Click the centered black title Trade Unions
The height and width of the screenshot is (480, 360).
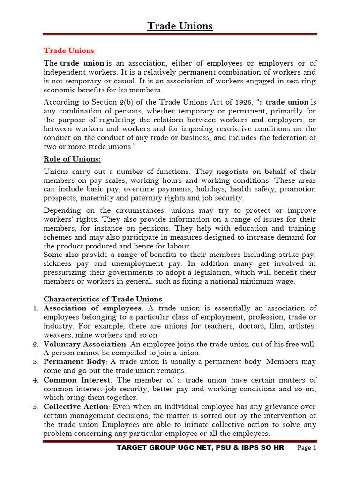[180, 26]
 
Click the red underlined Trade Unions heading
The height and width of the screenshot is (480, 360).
[69, 51]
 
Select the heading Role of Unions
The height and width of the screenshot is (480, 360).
[72, 159]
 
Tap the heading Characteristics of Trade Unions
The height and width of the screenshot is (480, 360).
[103, 299]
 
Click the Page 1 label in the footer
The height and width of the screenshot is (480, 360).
[307, 448]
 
